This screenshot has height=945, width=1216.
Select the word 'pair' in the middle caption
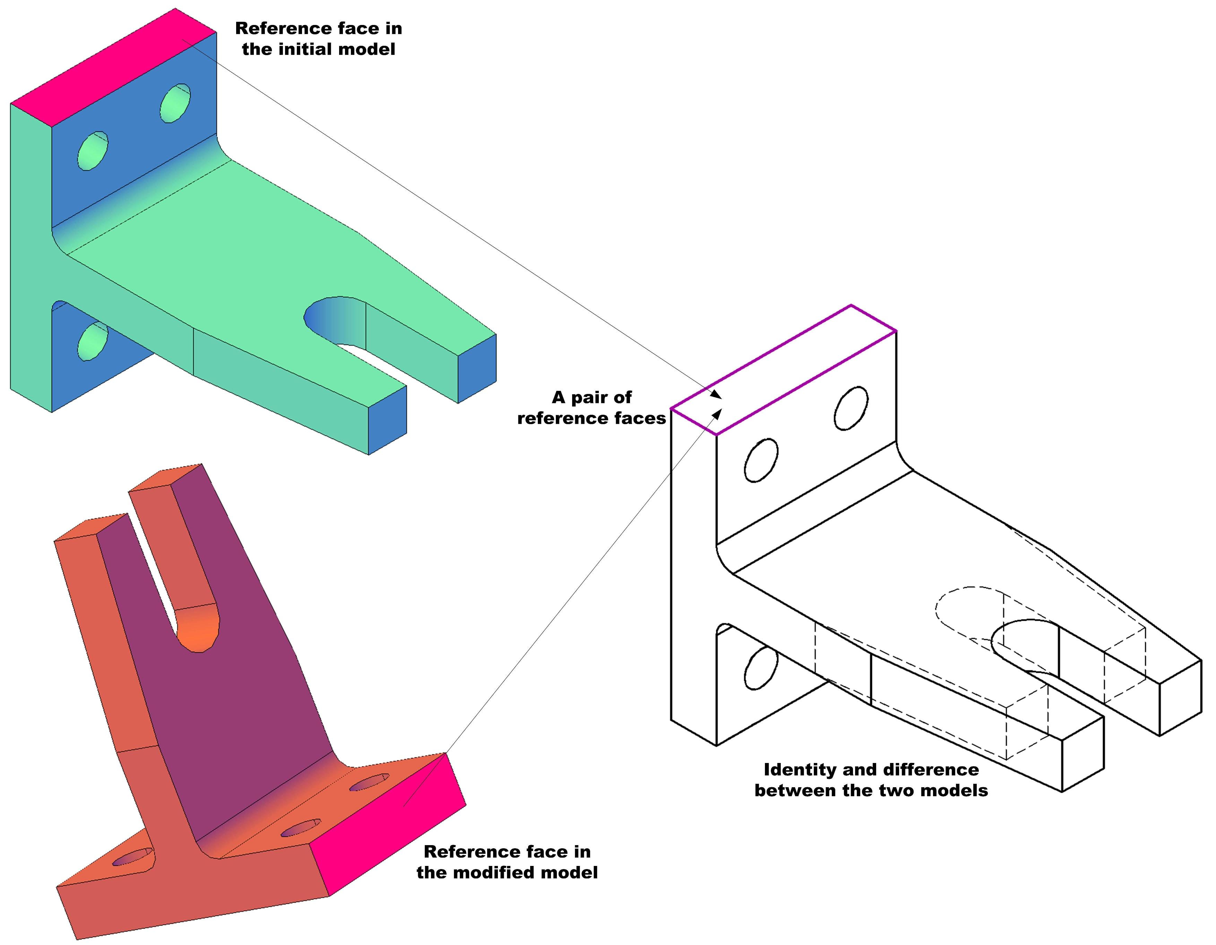(590, 398)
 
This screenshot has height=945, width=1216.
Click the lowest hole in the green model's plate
(93, 341)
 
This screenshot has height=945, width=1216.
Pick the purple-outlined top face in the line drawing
(782, 370)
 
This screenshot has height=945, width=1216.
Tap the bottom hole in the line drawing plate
(760, 668)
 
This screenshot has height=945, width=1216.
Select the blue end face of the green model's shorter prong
(477, 368)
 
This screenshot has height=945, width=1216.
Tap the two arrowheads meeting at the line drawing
(717, 404)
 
